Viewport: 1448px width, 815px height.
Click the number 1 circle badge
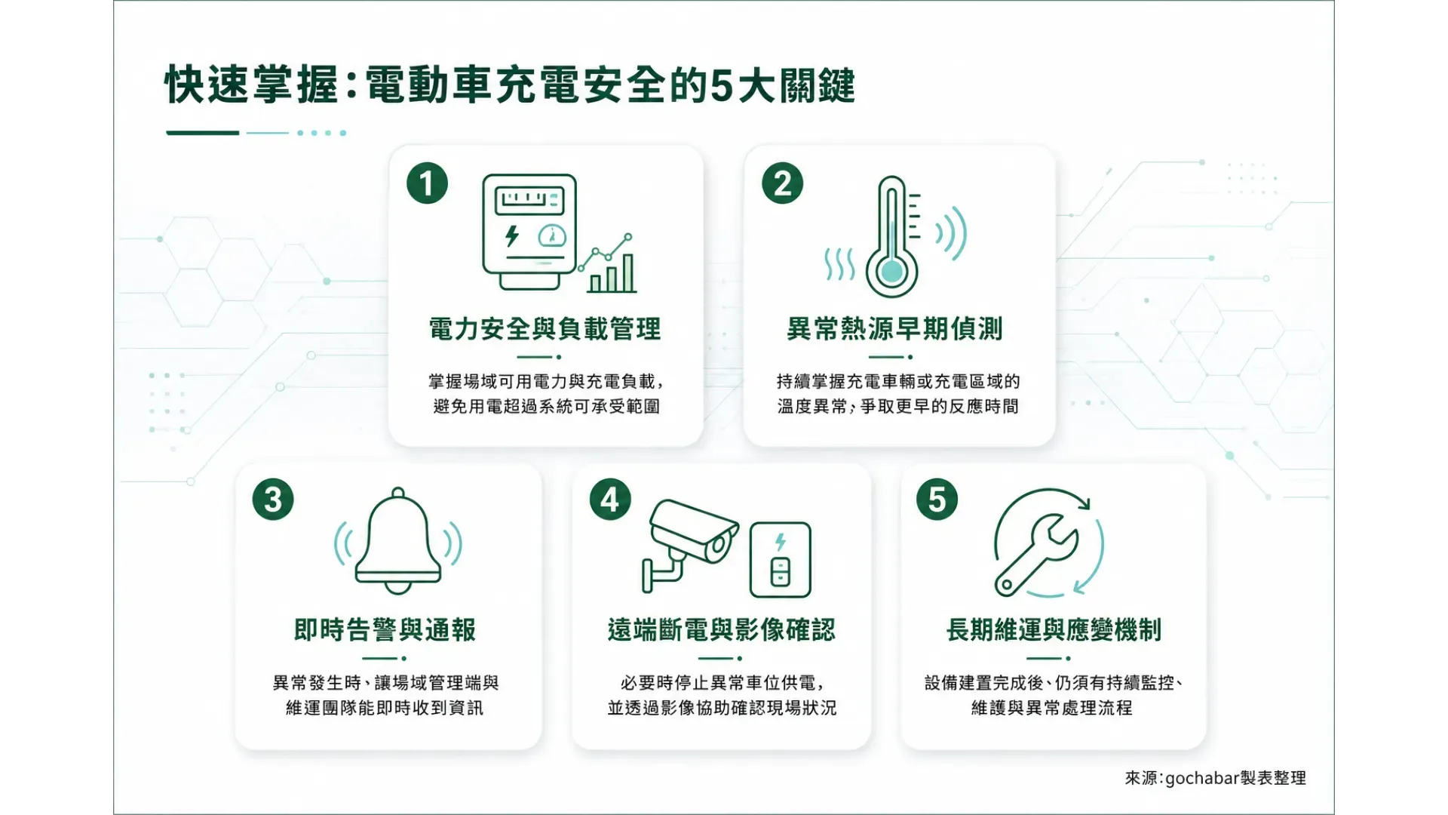427,183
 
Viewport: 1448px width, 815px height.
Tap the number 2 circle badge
783,183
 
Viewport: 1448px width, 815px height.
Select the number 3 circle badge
273,500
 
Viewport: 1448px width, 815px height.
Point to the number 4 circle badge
610,500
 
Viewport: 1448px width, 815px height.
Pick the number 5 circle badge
937,500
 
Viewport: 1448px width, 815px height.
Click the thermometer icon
892,237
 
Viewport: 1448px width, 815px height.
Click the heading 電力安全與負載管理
545,329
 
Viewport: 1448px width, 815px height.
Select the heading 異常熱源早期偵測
894,329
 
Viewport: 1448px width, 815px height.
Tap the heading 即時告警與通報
385,630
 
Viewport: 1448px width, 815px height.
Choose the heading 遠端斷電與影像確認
722,630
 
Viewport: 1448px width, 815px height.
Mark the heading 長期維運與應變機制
1054,630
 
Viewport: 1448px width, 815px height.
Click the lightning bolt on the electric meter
512,236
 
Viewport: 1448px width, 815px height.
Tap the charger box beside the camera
781,560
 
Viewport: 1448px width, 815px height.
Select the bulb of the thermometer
892,271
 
